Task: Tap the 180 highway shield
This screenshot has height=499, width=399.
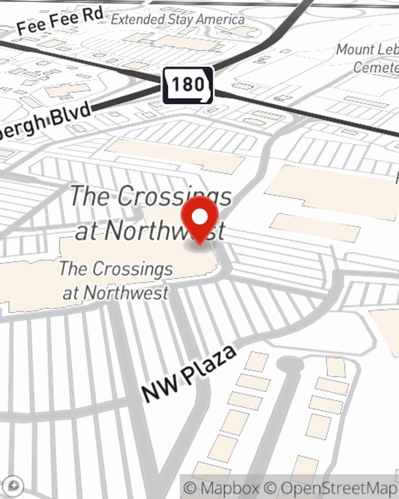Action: click(188, 85)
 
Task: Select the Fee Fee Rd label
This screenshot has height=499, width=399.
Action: click(60, 21)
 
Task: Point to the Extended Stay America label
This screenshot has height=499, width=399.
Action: click(178, 19)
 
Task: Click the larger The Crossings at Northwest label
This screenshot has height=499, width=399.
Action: click(151, 213)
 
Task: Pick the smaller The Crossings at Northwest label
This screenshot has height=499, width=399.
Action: click(116, 281)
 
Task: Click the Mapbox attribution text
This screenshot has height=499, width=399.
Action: click(222, 488)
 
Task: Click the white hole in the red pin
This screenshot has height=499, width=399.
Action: click(199, 217)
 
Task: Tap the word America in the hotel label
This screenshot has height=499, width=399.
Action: click(220, 19)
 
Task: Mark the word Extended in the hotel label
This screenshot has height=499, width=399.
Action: click(138, 19)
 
